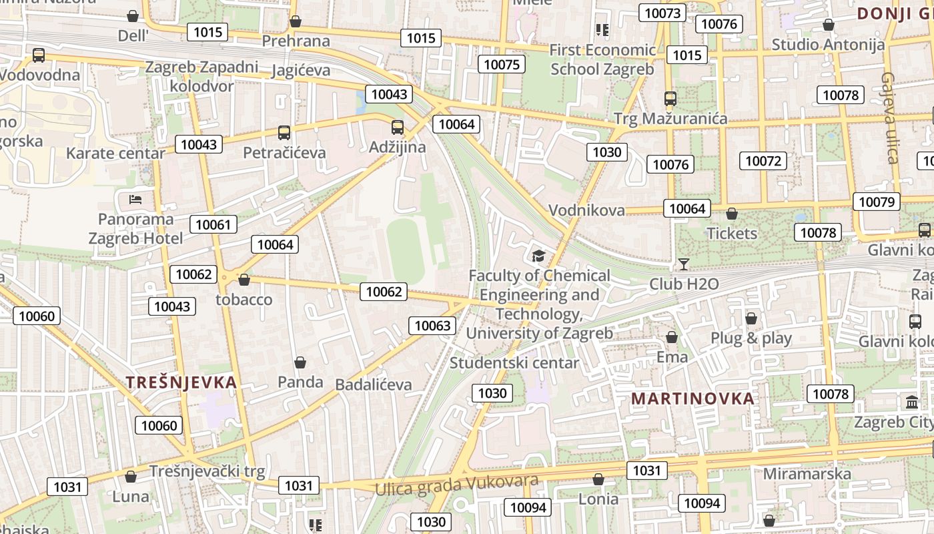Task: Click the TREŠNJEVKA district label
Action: pos(181,382)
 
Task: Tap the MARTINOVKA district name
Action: pos(692,398)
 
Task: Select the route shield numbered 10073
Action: pos(662,13)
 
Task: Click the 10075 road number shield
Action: pos(502,64)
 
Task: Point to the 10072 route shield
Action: pos(763,161)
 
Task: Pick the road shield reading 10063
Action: pos(432,326)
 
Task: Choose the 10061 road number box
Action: pos(213,224)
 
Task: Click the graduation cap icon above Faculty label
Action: pos(538,256)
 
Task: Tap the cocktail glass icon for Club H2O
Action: pos(683,264)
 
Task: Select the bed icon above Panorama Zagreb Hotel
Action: pos(135,200)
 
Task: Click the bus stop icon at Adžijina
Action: pos(398,127)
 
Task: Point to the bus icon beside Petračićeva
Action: pos(284,133)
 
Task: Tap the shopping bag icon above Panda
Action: pos(300,362)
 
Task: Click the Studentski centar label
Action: pos(514,363)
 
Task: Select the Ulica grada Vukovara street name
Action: pos(456,486)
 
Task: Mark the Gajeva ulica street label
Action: pos(891,117)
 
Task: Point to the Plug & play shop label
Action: pos(751,338)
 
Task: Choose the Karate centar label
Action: pos(115,153)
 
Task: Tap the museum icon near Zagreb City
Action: pos(911,403)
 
